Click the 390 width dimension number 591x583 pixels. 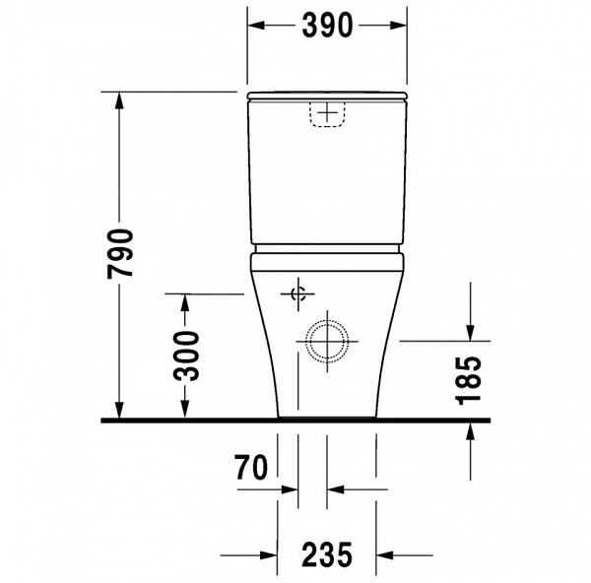click(x=326, y=26)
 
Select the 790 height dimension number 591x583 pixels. click(x=119, y=253)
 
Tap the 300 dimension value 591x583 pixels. click(x=184, y=356)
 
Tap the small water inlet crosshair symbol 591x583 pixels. click(x=298, y=293)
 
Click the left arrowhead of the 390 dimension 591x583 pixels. click(x=253, y=26)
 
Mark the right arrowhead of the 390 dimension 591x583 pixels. click(x=399, y=26)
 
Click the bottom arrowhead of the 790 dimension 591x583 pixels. click(x=119, y=411)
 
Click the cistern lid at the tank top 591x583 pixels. click(x=326, y=97)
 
